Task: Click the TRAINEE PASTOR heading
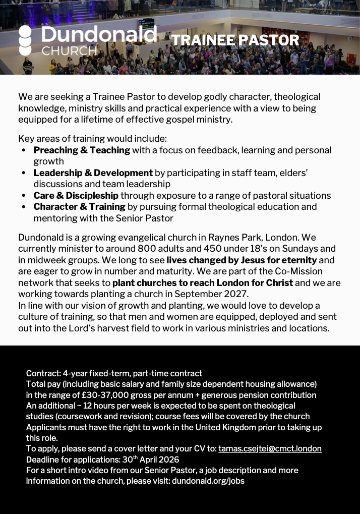pos(235,40)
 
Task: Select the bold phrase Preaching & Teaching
pos(82,150)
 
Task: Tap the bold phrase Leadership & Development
pos(93,173)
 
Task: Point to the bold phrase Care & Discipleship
pos(76,196)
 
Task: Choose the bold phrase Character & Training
pos(79,207)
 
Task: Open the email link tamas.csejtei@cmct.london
pos(270,448)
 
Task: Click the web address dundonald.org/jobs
pos(208,481)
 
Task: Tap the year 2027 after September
pos(235,294)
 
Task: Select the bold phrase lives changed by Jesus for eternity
pos(242,260)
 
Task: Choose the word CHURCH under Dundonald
pos(69,51)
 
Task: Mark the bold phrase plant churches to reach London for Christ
pos(202,283)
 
